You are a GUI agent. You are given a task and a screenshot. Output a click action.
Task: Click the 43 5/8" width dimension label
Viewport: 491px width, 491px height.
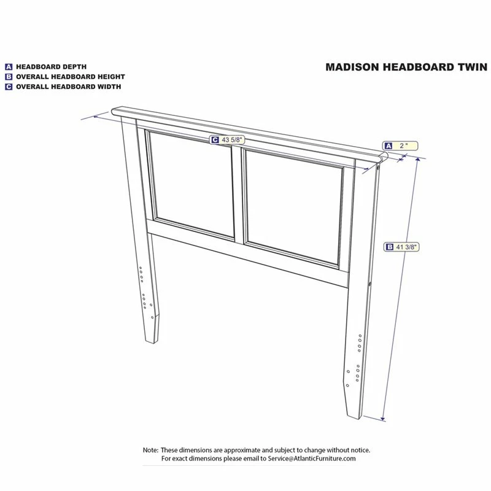tap(227, 140)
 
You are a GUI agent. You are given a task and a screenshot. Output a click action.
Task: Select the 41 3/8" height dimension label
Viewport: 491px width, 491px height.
tap(401, 247)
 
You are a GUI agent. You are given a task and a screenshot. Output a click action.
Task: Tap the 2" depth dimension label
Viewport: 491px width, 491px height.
tap(400, 145)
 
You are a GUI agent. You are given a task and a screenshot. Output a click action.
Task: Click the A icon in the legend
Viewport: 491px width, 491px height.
tap(9, 67)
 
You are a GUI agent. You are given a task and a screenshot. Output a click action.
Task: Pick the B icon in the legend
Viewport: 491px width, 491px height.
tap(9, 77)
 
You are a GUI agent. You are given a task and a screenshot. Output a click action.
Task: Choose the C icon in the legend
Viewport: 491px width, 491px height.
tap(9, 87)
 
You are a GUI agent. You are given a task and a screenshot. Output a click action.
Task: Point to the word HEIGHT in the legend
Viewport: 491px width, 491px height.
tap(111, 77)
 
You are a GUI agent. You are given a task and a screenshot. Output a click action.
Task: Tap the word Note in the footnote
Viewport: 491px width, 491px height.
tap(150, 450)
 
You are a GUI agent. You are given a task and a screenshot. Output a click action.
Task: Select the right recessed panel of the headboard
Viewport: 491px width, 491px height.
tap(293, 207)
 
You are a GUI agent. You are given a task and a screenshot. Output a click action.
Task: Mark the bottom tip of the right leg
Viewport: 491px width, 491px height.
tap(358, 419)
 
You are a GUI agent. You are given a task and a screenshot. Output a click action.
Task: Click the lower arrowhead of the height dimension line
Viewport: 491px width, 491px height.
tap(382, 419)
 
